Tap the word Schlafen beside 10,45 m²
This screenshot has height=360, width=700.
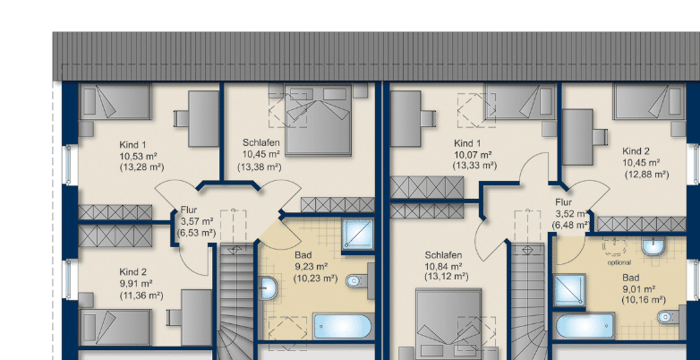point(261,143)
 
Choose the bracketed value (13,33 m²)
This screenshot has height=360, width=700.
point(474,166)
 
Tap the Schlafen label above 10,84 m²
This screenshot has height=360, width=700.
point(443,255)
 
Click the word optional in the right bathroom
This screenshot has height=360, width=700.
point(619,262)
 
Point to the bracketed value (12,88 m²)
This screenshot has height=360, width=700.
point(646,175)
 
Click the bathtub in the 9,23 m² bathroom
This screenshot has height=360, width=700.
point(342,326)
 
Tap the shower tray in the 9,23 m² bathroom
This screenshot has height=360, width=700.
point(358,235)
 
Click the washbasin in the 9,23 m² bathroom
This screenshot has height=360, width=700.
point(269,288)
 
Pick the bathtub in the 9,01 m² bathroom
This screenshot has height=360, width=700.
point(585,326)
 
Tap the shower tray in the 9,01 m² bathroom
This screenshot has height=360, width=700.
point(569,290)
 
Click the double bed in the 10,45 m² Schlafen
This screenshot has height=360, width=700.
point(318,120)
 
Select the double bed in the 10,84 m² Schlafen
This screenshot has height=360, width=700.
point(448,324)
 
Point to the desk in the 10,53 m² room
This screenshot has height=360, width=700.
point(203,119)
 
